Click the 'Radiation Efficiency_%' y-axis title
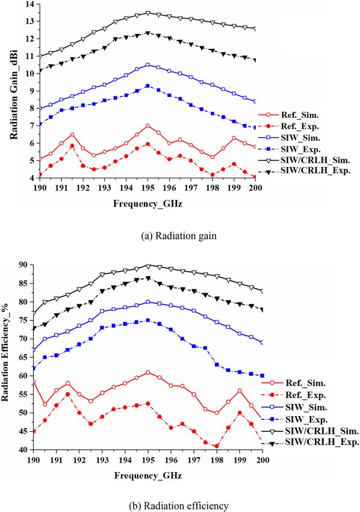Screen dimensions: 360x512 click(5, 355)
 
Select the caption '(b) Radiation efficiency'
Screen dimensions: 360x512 click(181, 505)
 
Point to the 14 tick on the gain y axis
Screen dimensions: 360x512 click(29, 4)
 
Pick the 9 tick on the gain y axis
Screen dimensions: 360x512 click(32, 91)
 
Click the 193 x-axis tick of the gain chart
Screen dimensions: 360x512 click(104, 189)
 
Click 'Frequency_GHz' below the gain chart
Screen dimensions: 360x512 click(147, 204)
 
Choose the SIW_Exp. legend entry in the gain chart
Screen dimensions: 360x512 click(289, 149)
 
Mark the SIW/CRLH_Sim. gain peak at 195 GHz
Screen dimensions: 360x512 click(148, 13)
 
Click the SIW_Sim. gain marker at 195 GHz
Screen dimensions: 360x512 click(148, 65)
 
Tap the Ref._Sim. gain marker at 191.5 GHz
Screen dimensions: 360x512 click(72, 134)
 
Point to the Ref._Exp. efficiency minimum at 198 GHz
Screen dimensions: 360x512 click(217, 446)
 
